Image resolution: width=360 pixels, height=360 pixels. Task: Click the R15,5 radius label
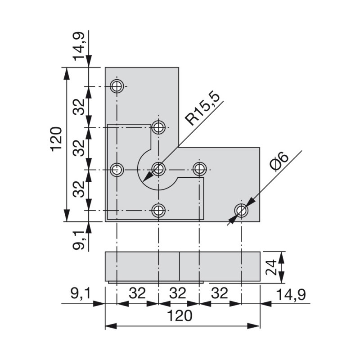(202, 109)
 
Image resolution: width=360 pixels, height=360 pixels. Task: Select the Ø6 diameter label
(279, 162)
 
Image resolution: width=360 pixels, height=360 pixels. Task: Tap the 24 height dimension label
(271, 267)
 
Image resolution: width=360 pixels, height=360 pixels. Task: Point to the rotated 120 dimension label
(56, 139)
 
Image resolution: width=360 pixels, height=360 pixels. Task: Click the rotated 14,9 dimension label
(79, 46)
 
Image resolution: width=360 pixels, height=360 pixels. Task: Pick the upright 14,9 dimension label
(291, 295)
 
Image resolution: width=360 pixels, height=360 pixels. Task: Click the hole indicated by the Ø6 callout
(241, 210)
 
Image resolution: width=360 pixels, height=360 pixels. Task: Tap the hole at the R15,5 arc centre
(158, 169)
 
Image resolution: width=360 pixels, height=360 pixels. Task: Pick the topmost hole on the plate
(117, 86)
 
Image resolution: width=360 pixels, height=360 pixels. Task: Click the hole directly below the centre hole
(158, 210)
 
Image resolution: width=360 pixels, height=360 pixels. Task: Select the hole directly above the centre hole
(158, 127)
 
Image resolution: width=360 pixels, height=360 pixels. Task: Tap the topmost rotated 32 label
(79, 107)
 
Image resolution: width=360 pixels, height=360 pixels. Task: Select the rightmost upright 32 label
(220, 293)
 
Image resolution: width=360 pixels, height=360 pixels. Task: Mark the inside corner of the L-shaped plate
(179, 148)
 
